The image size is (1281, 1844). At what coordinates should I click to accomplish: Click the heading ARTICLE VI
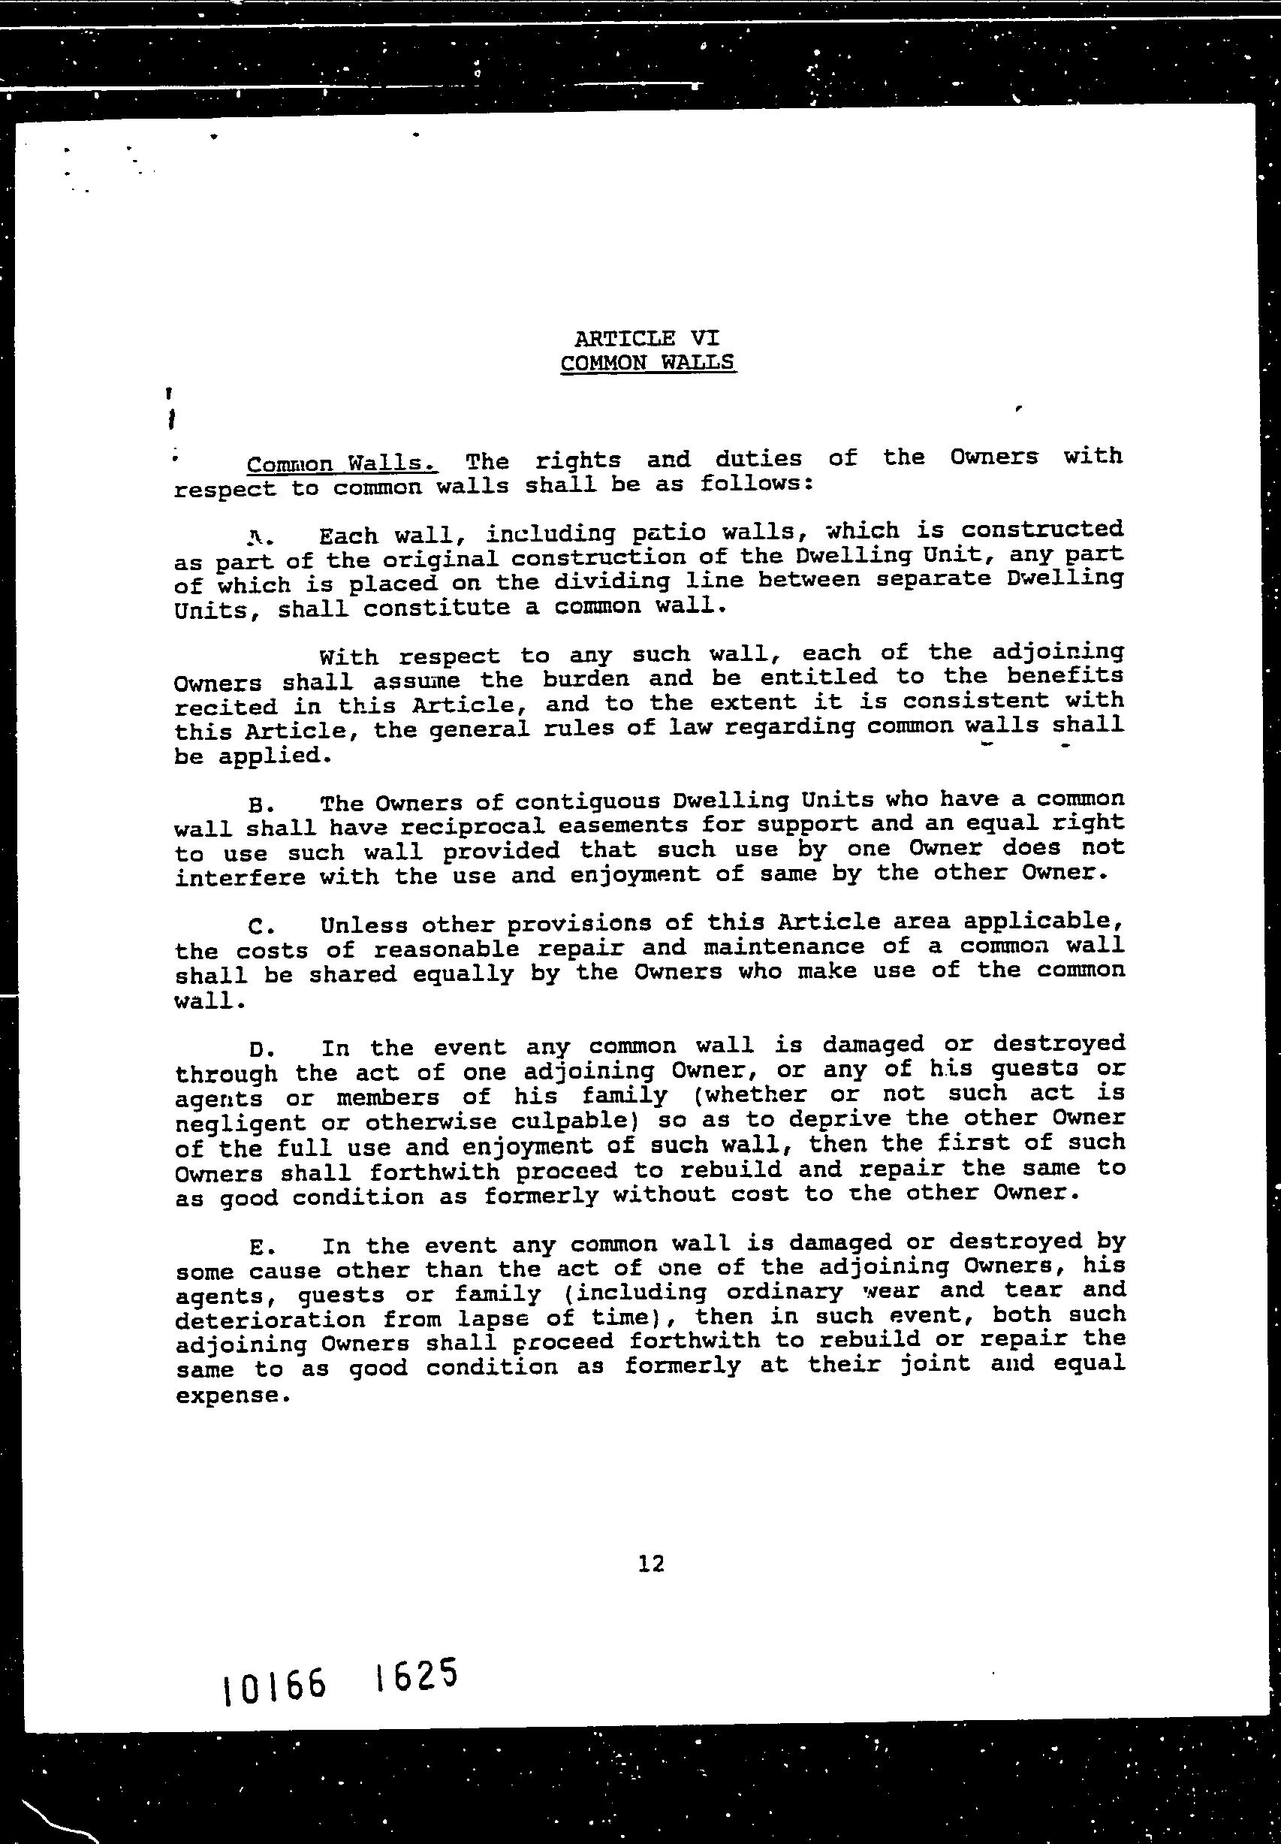(x=647, y=338)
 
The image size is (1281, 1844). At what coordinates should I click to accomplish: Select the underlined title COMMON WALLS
(x=647, y=363)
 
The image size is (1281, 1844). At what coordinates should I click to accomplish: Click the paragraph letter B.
(x=258, y=805)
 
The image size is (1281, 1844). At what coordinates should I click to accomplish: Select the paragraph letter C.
(x=258, y=927)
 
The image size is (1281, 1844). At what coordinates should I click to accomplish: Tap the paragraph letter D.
(x=258, y=1050)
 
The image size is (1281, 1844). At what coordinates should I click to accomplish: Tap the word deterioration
(x=270, y=1320)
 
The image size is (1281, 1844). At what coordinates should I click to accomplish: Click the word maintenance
(x=783, y=947)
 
